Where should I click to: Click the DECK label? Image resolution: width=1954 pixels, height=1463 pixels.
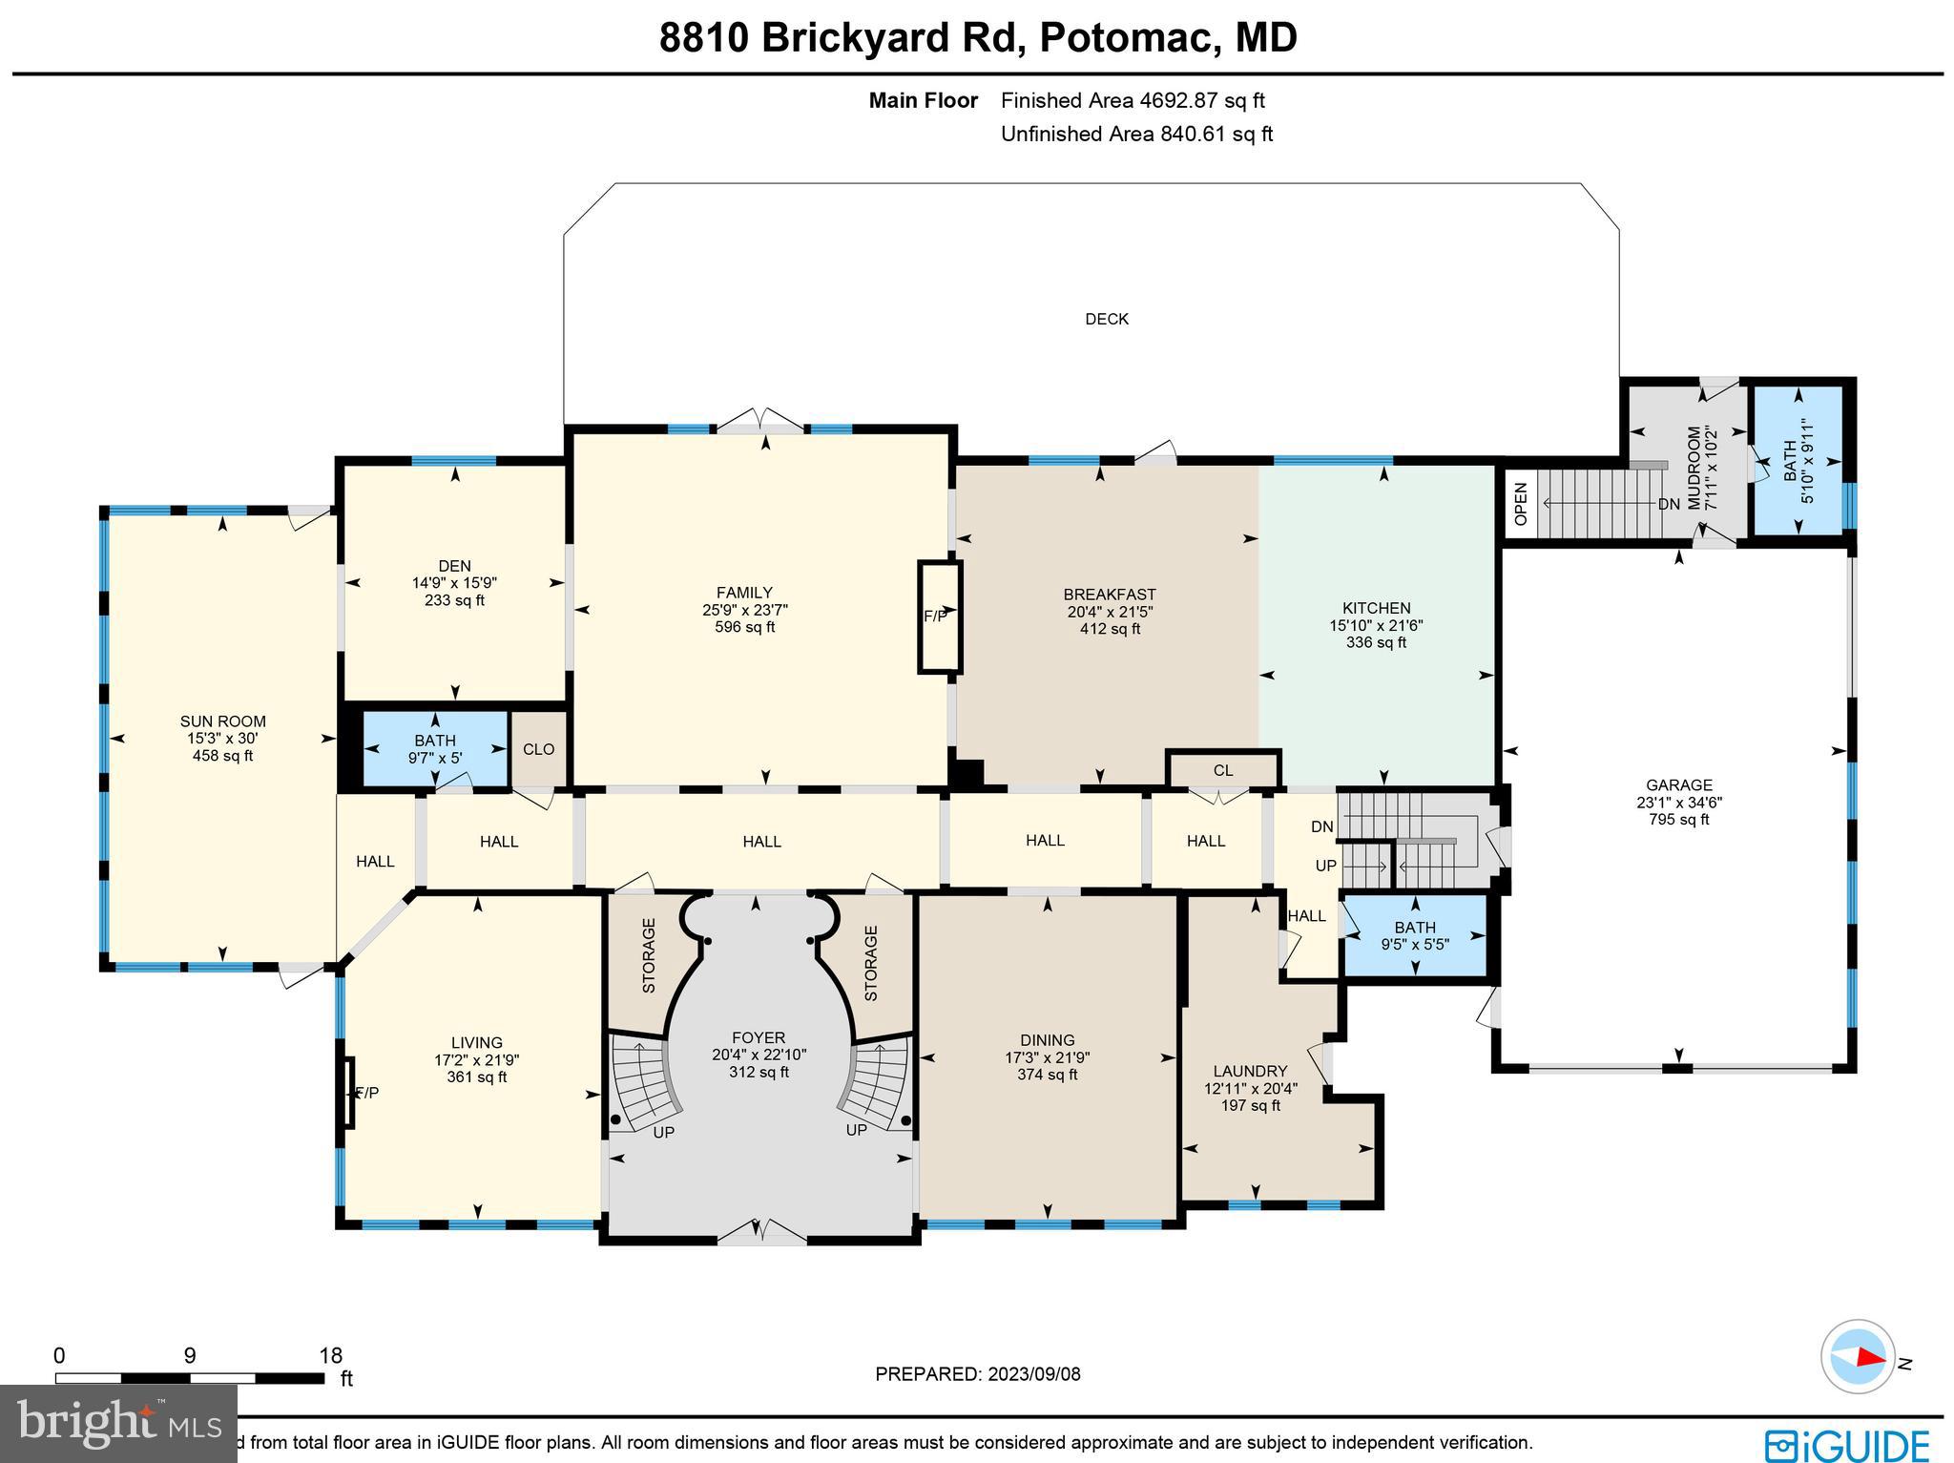1106,319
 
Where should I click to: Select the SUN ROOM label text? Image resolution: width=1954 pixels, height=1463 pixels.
222,721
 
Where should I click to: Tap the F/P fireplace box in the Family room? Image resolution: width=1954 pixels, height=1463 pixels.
939,617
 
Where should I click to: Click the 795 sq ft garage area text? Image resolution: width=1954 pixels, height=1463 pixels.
1678,819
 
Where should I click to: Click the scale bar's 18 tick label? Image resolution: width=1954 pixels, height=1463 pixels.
330,1355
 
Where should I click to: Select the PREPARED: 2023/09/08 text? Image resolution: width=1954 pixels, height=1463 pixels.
977,1374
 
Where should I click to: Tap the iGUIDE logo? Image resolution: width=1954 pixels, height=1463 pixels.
1846,1444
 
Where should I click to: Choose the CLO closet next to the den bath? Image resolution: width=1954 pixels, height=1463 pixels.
538,749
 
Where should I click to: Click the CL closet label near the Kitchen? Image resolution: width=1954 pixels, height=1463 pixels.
1222,770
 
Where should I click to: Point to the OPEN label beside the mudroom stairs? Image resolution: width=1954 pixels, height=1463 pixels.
1521,504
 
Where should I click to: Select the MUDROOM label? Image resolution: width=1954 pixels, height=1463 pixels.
1694,468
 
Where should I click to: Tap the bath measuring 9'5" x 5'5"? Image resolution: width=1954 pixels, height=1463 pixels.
1414,935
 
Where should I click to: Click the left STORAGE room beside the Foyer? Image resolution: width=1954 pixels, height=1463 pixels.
648,955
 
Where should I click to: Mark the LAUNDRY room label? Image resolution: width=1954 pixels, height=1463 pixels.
1250,1071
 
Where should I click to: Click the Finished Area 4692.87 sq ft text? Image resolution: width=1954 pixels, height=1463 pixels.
1133,100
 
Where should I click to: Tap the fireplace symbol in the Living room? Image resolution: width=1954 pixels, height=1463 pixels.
349,1093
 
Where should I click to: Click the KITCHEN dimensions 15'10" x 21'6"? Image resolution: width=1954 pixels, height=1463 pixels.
1376,625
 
